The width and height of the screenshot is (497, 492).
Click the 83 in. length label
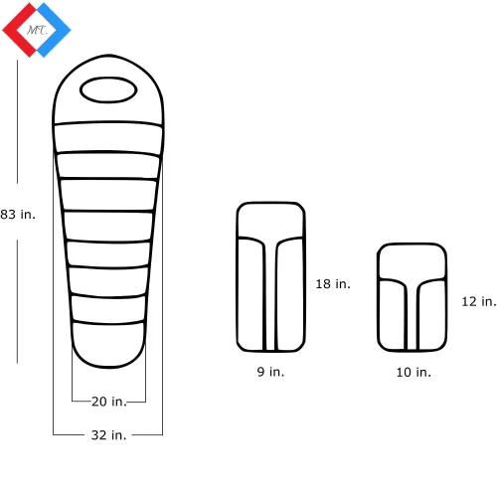click(18, 215)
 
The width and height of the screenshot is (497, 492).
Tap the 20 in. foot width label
click(109, 402)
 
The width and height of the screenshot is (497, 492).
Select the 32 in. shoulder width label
click(108, 435)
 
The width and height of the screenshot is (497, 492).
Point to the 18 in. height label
click(333, 284)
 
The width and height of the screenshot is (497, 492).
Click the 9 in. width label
click(270, 372)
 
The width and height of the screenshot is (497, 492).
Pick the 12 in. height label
click(479, 301)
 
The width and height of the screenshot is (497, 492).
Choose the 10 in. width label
click(414, 372)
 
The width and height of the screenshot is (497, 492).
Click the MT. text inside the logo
click(37, 31)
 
